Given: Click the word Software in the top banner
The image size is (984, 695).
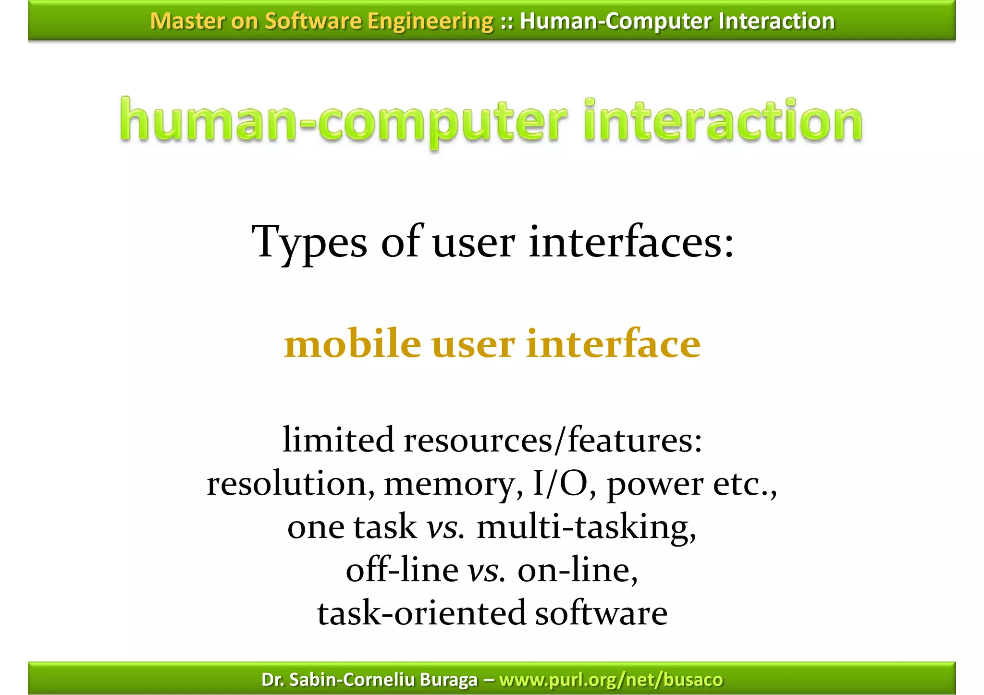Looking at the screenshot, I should click(x=313, y=21).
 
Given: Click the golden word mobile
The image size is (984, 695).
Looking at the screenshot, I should click(x=352, y=344).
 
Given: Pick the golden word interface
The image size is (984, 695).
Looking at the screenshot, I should click(x=613, y=344).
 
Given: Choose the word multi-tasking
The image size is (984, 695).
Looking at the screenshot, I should click(x=586, y=527).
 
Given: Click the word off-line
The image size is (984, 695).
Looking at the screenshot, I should click(x=402, y=571).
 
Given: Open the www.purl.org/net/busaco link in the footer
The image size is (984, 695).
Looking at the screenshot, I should click(x=611, y=680).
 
